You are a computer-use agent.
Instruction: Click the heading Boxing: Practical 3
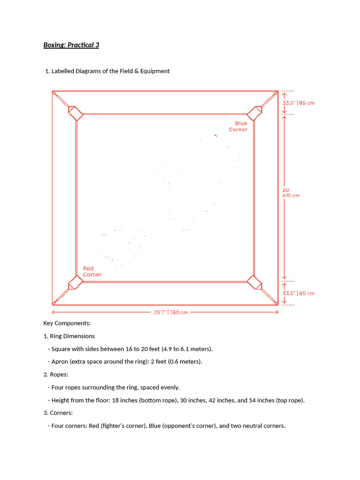71,45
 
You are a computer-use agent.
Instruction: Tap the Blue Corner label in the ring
238,127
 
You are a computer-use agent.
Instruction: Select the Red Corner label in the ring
92,271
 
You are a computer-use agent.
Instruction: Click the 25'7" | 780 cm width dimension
171,312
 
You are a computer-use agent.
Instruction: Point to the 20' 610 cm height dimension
291,193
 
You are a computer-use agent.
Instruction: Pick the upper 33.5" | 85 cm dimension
298,103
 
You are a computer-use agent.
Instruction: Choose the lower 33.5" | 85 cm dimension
298,293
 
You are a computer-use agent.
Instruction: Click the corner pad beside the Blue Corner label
255,113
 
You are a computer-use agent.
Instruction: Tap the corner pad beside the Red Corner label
75,283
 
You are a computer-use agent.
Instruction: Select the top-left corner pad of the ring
75,113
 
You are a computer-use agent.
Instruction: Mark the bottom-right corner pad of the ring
255,283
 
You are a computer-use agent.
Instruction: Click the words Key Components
67,323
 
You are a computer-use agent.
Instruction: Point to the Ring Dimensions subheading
72,336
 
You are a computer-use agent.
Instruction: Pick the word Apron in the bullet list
60,362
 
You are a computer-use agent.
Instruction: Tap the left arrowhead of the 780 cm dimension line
54,312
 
